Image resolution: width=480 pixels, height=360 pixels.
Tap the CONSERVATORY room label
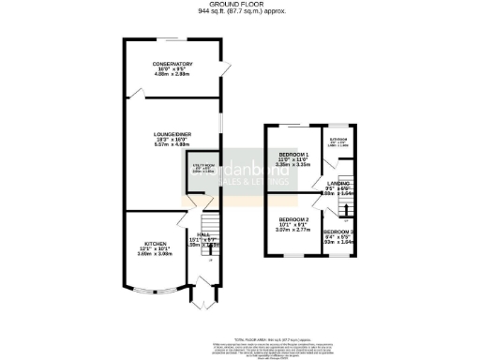coord(172,64)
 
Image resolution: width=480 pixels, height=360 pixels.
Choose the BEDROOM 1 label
coord(293,154)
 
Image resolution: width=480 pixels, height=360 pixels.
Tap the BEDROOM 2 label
coord(293,218)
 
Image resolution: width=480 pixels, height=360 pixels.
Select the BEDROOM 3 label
coord(338,232)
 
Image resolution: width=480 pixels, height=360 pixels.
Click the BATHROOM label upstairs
coord(337,139)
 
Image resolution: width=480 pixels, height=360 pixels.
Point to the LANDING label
coord(338,183)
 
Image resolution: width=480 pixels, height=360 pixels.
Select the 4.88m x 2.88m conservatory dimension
coord(172,75)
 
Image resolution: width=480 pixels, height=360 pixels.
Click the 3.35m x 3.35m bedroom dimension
coord(293,164)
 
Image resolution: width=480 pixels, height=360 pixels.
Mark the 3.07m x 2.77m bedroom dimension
coord(293,230)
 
